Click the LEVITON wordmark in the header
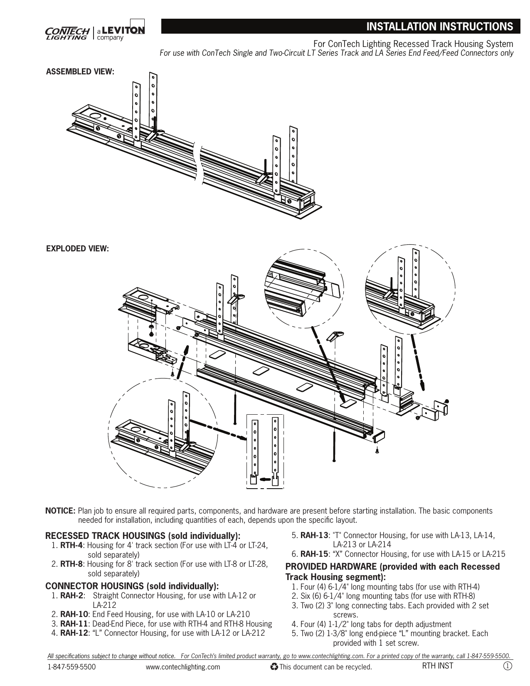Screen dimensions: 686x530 123,30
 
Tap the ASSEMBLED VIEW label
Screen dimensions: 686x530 80,71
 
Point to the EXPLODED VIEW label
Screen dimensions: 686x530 77,248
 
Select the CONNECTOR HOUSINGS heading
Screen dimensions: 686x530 131,586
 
